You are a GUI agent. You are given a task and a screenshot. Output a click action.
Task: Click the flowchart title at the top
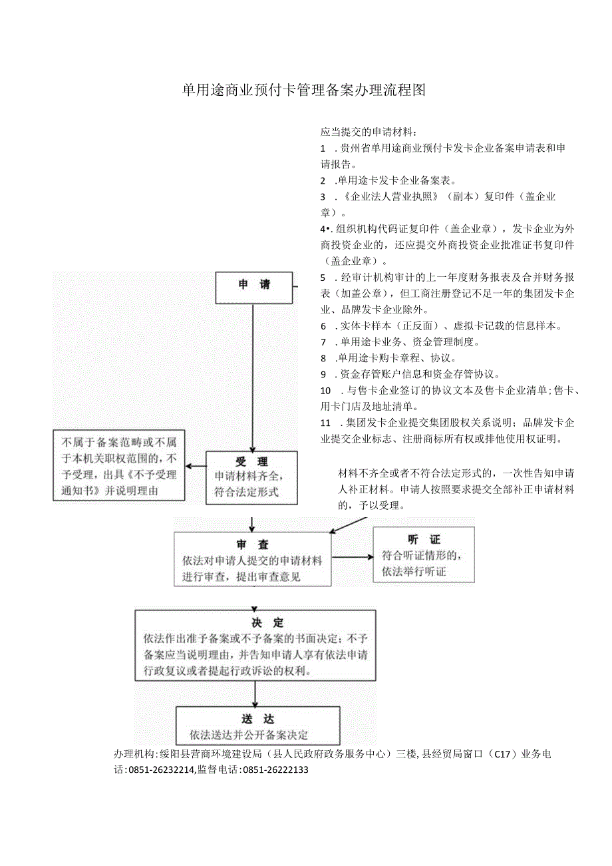pos(303,91)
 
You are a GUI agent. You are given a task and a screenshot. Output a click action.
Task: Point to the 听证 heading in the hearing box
pos(424,539)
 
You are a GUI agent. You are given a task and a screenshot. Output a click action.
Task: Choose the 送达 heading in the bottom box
pos(258,720)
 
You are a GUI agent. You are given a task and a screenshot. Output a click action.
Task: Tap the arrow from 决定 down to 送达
pos(255,694)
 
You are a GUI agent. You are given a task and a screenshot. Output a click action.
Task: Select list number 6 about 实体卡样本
pos(324,325)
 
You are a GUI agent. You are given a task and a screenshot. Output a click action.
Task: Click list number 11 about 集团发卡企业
pos(326,422)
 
